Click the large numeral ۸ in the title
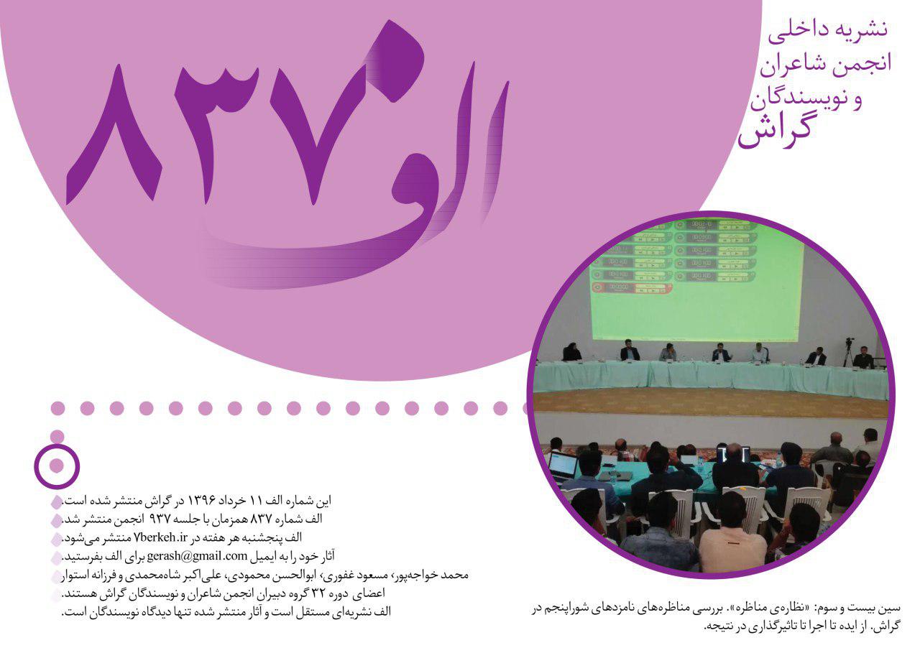click(113, 136)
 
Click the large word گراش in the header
click(775, 132)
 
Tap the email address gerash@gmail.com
click(197, 556)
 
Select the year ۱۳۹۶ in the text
click(202, 501)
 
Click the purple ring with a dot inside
click(57, 466)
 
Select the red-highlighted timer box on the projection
click(632, 288)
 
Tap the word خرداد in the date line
click(234, 501)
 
